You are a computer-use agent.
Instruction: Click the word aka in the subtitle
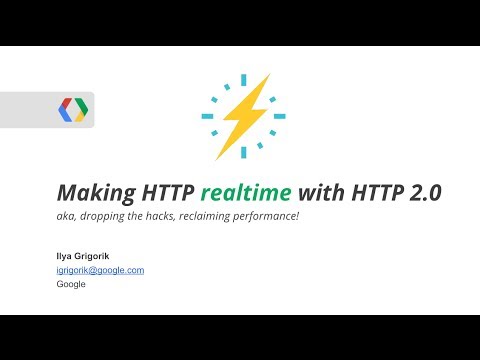[x=67, y=217]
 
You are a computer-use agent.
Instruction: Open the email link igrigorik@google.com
[x=100, y=270]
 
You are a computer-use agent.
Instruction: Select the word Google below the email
[x=71, y=284]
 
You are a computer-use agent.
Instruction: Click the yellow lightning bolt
[x=243, y=116]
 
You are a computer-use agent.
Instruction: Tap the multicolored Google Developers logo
[x=73, y=109]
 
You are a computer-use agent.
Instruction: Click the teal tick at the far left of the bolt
[x=208, y=116]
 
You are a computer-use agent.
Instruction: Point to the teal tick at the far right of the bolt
[x=279, y=116]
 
